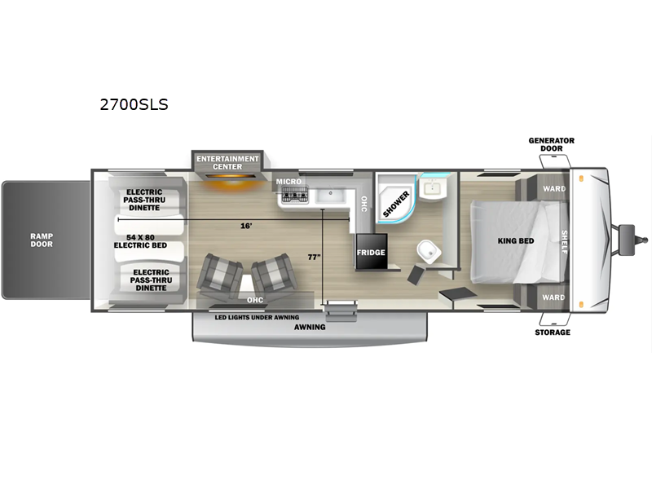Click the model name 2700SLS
(134, 104)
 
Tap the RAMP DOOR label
(42, 240)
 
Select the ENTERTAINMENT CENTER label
(227, 162)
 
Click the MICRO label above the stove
(289, 182)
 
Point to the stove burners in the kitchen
(295, 195)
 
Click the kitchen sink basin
(331, 195)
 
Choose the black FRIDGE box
(371, 252)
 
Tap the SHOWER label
(396, 204)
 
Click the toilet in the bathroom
(430, 252)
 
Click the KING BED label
(516, 240)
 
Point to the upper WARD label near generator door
(554, 189)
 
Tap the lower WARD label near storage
(553, 297)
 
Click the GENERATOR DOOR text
(552, 144)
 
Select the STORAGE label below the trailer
(553, 333)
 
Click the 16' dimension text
(246, 226)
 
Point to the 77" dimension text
(315, 258)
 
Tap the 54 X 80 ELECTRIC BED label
(140, 241)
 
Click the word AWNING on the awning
(310, 328)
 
